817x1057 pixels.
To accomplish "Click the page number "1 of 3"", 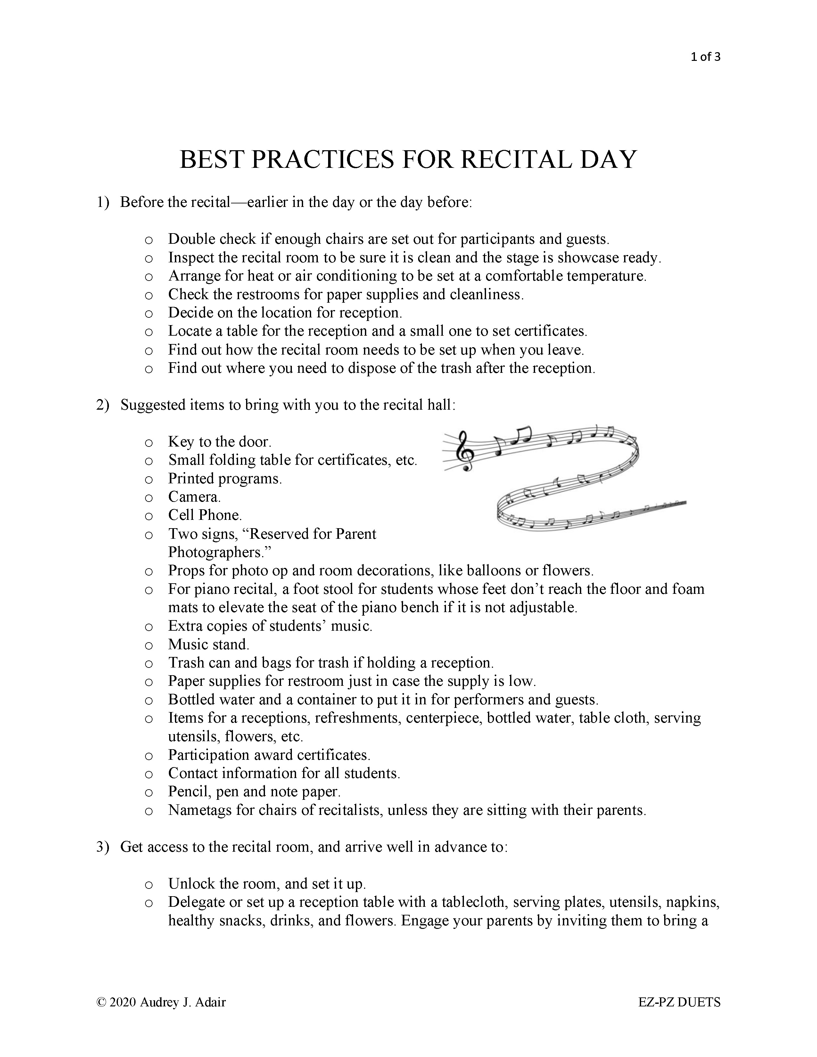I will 706,57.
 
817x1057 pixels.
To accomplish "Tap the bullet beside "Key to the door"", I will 149,442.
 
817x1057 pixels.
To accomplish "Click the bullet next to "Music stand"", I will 149,645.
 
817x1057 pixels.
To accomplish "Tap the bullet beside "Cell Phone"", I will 149,516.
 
